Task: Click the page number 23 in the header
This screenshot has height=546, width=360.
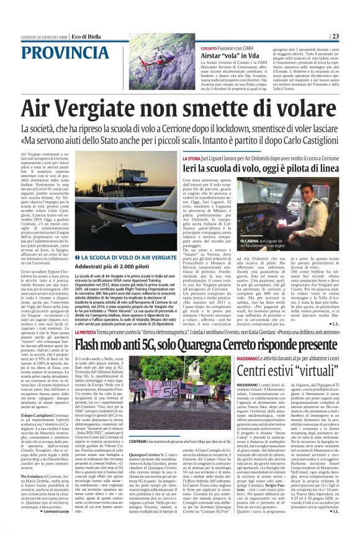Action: tap(351, 35)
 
